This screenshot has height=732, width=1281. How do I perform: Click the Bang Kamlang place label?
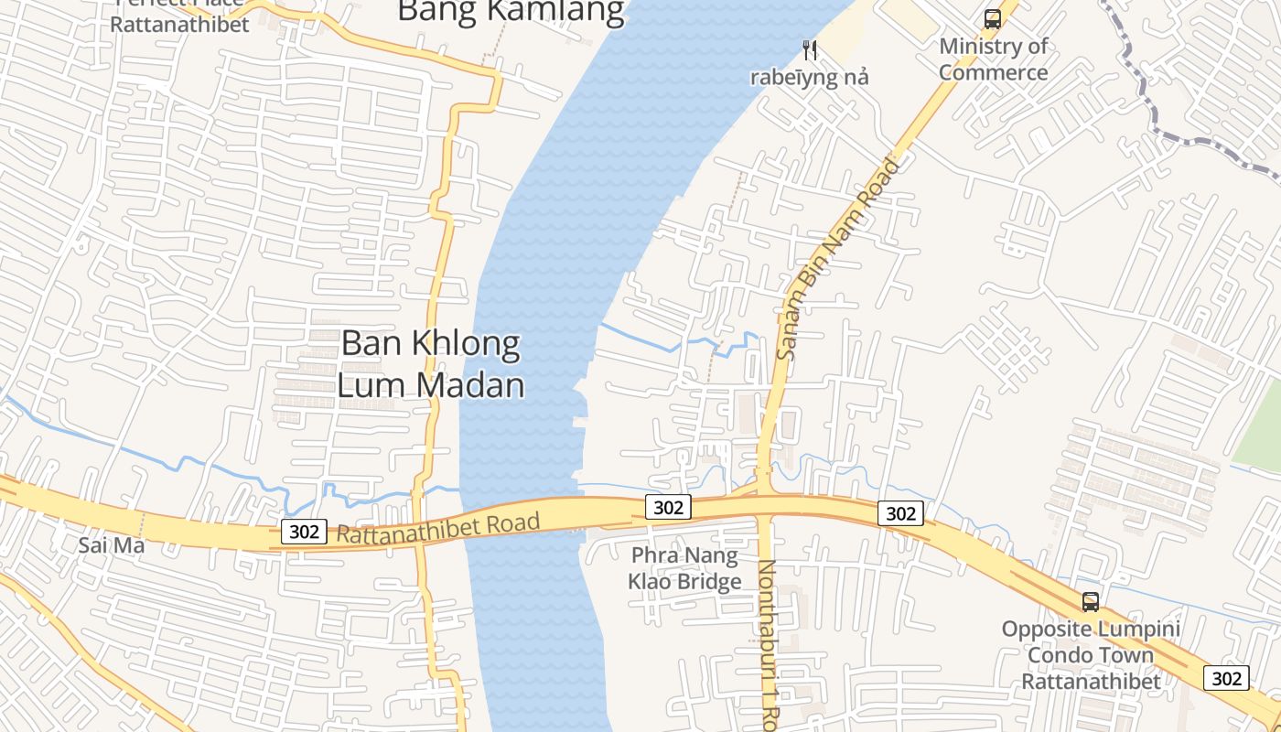(x=511, y=11)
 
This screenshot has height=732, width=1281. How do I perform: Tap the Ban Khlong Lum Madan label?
(x=430, y=363)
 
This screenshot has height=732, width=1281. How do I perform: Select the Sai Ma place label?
(x=112, y=545)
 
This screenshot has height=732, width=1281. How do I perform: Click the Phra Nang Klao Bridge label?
(x=684, y=567)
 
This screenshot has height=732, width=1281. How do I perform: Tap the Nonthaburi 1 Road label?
(x=767, y=640)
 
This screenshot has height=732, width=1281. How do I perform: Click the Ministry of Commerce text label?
(x=993, y=59)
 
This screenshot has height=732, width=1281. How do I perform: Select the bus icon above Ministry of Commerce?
(x=992, y=18)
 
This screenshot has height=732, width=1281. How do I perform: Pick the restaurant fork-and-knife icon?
(x=809, y=49)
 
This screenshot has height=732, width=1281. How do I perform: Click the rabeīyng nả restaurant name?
(x=809, y=77)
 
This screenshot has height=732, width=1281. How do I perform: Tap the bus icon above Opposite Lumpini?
(x=1090, y=602)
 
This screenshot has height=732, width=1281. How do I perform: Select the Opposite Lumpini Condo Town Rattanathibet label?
(x=1091, y=655)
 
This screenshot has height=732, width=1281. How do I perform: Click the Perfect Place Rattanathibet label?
(x=179, y=18)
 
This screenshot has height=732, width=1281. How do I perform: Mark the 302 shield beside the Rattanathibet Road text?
(x=304, y=532)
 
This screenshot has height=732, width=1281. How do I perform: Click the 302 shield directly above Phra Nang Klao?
(x=668, y=507)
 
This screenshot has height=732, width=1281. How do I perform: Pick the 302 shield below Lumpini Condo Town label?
(x=1226, y=678)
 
